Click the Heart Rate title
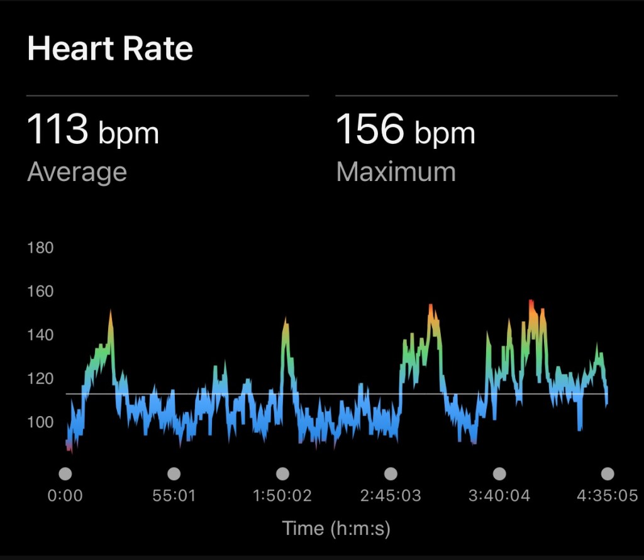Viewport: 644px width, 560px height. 110,48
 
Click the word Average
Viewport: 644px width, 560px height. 77,172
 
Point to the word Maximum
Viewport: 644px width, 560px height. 396,172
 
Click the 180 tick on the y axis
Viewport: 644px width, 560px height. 41,248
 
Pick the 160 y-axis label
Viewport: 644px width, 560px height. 41,292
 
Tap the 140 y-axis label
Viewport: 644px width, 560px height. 41,335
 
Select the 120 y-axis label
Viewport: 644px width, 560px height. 41,379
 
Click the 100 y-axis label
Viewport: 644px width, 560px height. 41,422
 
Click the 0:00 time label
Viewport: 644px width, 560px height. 65,496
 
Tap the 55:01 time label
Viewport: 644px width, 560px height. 174,496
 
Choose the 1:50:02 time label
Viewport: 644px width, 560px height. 282,496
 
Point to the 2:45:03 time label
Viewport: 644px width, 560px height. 391,496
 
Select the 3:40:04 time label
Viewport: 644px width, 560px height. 499,496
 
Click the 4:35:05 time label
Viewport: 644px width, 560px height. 607,496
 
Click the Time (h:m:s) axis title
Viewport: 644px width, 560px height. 336,528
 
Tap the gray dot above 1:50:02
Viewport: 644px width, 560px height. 283,474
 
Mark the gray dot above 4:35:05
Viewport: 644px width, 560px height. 607,474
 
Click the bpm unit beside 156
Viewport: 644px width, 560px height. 445,133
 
